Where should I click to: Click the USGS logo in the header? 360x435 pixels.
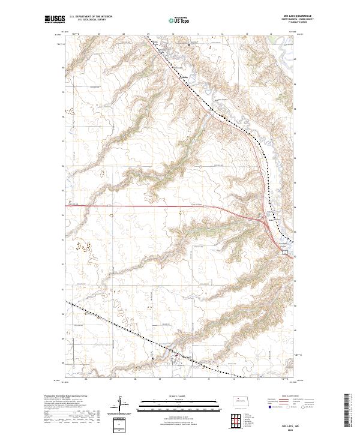pos(54,20)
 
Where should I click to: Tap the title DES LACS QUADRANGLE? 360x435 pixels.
pos(290,17)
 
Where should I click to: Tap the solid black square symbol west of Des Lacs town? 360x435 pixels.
pos(153,359)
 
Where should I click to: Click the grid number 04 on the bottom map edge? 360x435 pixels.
pos(87,379)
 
